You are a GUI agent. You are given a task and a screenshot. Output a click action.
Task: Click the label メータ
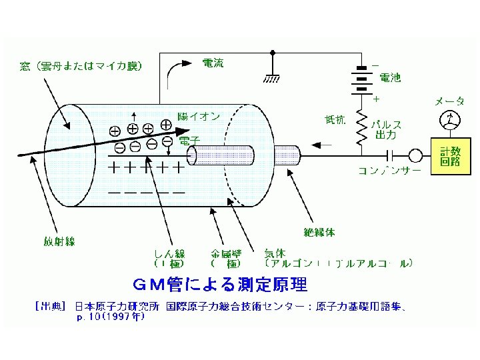coord(450,101)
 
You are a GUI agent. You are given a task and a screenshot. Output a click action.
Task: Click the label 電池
coord(390,78)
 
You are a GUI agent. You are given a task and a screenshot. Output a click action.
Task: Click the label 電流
coord(213,63)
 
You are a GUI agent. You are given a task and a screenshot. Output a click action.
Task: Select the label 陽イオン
coord(199,116)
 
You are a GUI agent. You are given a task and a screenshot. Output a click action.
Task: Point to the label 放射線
coord(59,241)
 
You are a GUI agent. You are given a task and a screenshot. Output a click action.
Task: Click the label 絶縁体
coord(319,232)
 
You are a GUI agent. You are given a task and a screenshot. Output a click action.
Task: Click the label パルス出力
coord(387,130)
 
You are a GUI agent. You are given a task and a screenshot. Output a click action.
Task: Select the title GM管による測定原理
coord(220,285)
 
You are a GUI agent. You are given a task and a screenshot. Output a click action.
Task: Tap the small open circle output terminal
coord(415,155)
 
